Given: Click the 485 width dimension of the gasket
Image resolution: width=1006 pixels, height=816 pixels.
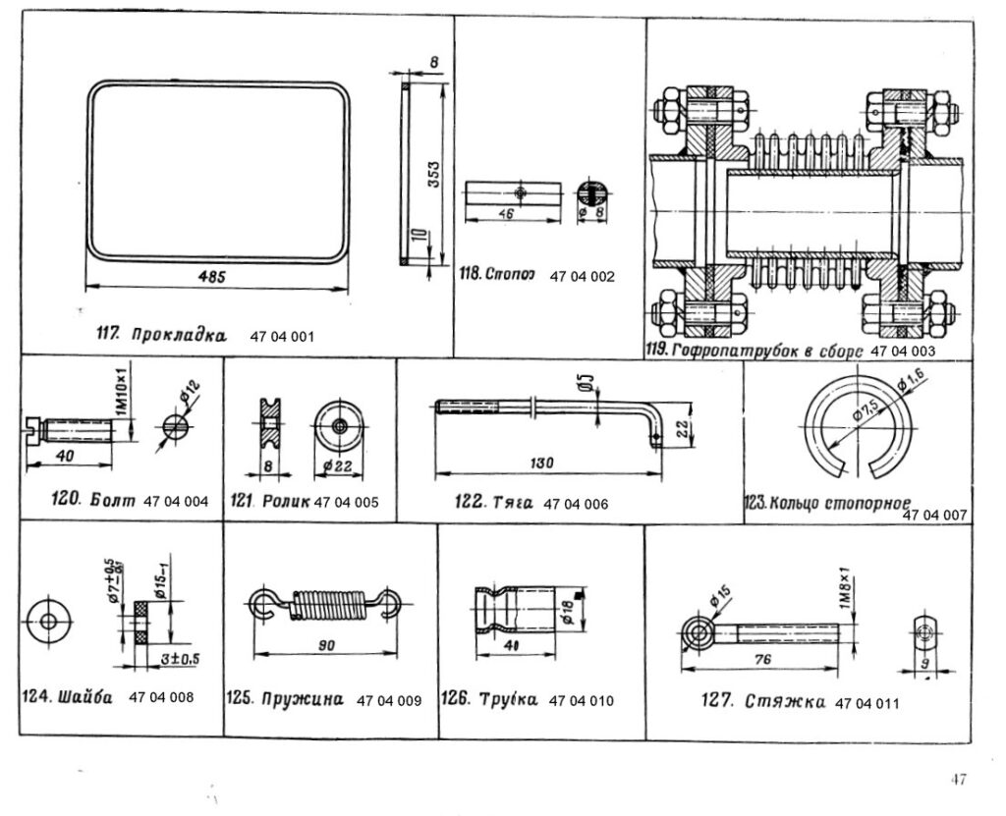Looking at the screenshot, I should (x=213, y=278).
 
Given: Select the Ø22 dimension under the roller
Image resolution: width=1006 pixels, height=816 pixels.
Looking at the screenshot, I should (x=337, y=465).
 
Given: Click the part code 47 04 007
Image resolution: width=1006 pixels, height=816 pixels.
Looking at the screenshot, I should (x=934, y=515).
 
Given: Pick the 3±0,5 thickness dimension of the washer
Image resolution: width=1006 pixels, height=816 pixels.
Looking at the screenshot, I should (x=179, y=659).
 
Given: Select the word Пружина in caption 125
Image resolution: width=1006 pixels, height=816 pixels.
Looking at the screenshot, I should (x=301, y=700).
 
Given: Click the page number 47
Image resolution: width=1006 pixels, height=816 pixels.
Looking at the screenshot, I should (x=958, y=780).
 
